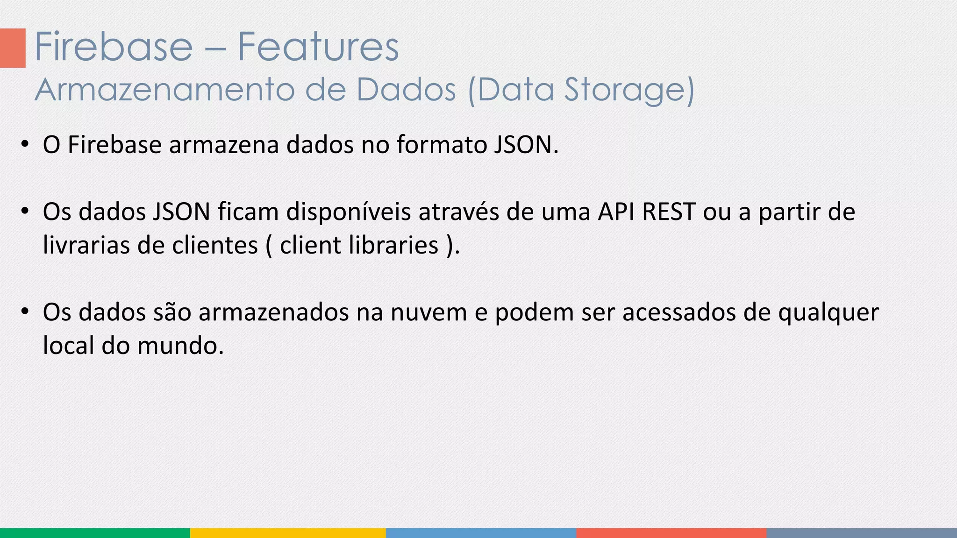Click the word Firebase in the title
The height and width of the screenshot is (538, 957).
tap(114, 47)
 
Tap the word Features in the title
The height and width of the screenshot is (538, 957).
tap(318, 47)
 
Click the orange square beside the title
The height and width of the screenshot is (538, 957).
tap(13, 48)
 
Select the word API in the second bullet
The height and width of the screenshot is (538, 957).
tap(616, 212)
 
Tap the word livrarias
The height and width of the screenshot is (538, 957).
tap(86, 245)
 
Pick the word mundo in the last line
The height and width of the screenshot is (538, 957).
tap(180, 346)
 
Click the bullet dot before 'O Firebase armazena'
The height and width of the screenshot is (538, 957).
tap(25, 143)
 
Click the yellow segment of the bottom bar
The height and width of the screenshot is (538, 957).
tap(288, 533)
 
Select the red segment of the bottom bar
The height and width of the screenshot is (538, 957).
tap(671, 533)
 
